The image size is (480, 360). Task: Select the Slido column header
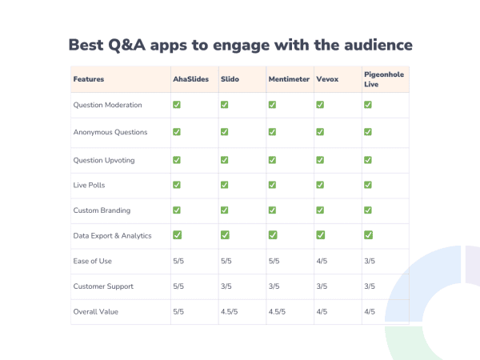(230, 79)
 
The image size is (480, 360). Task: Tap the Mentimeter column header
(288, 79)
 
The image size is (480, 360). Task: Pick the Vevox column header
(326, 79)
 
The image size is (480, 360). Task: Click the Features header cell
(89, 79)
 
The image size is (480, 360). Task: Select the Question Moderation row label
(107, 105)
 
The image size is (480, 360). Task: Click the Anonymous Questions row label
(109, 132)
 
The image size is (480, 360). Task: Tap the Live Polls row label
(88, 185)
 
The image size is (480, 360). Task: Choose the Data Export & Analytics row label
(112, 235)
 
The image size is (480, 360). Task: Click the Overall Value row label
(94, 311)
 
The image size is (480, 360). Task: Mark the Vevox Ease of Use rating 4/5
(321, 260)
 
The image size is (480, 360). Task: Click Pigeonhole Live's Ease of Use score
(369, 260)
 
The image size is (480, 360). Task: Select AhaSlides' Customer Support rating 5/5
(178, 286)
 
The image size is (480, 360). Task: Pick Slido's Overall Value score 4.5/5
(230, 311)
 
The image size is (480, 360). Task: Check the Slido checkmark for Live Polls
(225, 185)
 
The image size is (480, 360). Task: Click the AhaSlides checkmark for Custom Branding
(177, 210)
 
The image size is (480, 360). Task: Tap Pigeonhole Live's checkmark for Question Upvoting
(368, 159)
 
